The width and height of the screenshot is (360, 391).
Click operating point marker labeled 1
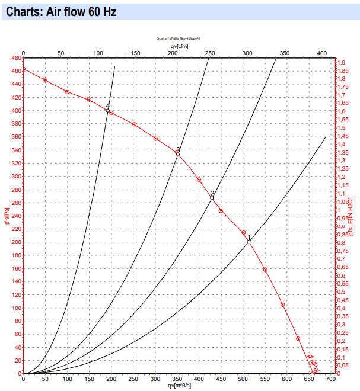[x=249, y=242]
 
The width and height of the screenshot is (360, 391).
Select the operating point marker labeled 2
[x=212, y=198]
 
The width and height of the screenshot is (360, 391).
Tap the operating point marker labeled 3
[x=177, y=154]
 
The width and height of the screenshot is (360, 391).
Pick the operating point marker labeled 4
[x=107, y=110]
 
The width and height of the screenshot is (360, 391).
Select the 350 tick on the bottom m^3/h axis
[x=177, y=380]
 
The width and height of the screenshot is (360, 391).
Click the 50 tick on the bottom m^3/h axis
[x=45, y=380]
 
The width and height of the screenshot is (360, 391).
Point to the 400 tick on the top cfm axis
[x=323, y=53]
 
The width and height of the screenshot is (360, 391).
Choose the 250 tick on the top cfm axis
[x=210, y=53]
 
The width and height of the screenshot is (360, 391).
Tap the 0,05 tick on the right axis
[x=343, y=366]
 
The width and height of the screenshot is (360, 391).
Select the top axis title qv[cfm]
[x=179, y=46]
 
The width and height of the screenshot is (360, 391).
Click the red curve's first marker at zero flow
[x=23, y=69]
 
